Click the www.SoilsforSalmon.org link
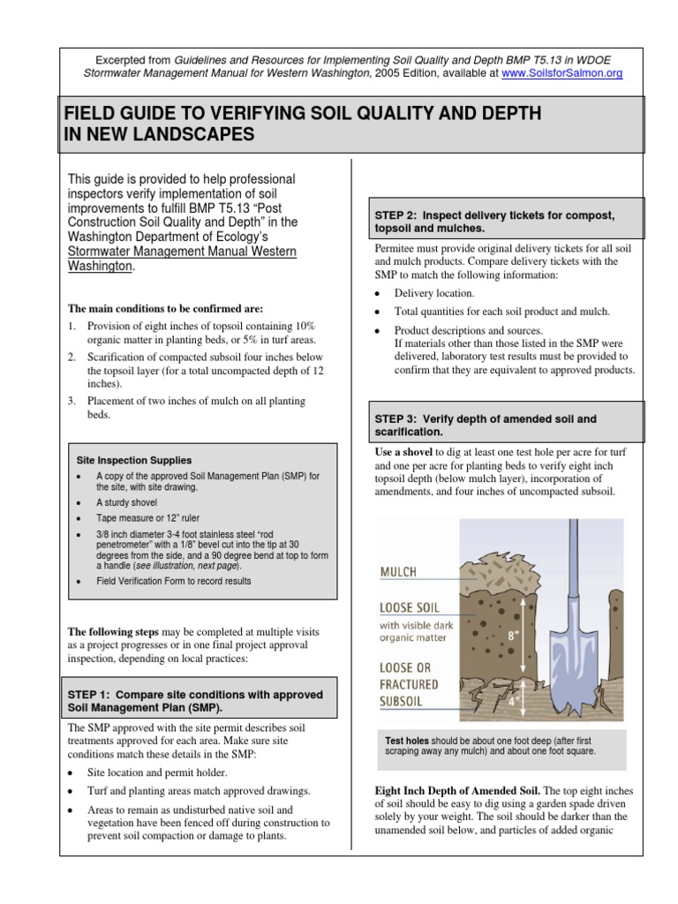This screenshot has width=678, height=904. click(561, 74)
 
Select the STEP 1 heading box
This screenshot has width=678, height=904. click(196, 701)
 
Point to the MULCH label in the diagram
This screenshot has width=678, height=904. click(398, 572)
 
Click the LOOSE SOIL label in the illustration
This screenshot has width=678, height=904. click(411, 607)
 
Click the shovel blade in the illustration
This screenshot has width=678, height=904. click(566, 674)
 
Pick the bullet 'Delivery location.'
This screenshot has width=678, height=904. click(433, 293)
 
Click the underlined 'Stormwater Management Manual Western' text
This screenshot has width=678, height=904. click(182, 252)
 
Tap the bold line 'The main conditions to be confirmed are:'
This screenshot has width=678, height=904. click(166, 308)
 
